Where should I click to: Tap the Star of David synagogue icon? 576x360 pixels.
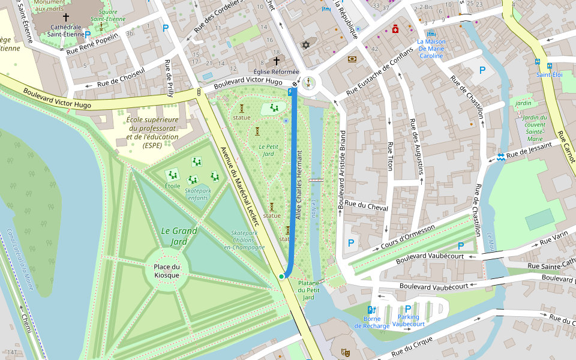pyautogui.click(x=305, y=46)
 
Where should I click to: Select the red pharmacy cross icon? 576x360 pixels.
pyautogui.click(x=395, y=29)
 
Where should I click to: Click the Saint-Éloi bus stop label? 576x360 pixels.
pyautogui.click(x=549, y=75)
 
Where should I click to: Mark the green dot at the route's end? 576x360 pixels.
pyautogui.click(x=281, y=276)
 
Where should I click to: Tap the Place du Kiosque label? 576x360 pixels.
pyautogui.click(x=167, y=271)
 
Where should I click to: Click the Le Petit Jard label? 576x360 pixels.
pyautogui.click(x=266, y=150)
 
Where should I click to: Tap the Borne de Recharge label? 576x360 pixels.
pyautogui.click(x=371, y=322)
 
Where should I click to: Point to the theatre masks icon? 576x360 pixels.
pyautogui.click(x=345, y=352)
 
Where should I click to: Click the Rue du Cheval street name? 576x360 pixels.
pyautogui.click(x=366, y=207)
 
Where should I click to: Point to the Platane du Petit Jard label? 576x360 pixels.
pyautogui.click(x=308, y=290)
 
